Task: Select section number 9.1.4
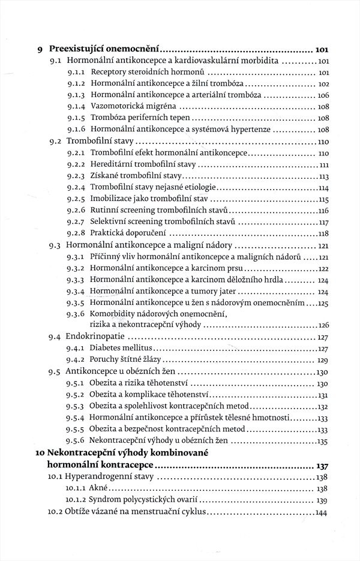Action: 76,107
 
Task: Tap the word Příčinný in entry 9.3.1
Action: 106,257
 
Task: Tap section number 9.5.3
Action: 76,406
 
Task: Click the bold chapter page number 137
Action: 323,465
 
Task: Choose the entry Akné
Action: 99,488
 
